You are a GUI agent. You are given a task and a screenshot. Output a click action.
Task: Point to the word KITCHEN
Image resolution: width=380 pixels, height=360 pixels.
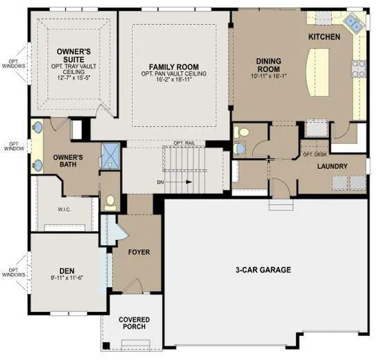coord(324,36)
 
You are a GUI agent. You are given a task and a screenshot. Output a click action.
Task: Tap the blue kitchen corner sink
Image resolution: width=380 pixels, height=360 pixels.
coord(355,24)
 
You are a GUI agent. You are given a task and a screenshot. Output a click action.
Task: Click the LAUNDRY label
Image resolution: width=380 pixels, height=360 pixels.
coord(330,166)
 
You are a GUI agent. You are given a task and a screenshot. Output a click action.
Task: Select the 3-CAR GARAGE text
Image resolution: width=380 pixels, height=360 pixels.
coord(261,269)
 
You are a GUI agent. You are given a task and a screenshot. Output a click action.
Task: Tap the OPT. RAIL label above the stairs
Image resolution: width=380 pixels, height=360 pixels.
coord(184,142)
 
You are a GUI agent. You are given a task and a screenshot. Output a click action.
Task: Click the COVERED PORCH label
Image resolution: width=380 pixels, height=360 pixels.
coord(134,324)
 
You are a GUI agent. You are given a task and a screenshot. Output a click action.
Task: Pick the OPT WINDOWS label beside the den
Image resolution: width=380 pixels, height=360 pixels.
coord(13,273)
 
